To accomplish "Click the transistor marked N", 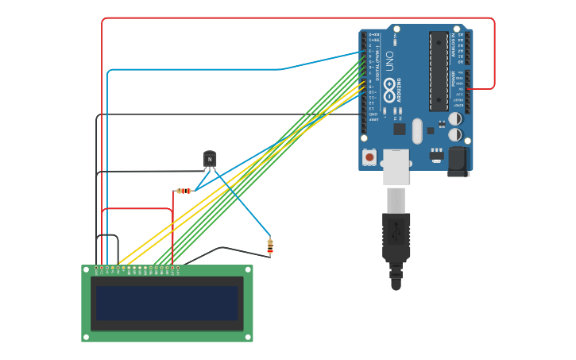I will [x=210, y=159].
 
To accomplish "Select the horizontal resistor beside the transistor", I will [x=184, y=191].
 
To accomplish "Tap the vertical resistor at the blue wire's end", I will [x=270, y=246].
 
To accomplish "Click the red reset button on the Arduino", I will [x=369, y=157].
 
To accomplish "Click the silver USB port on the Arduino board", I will [x=396, y=166].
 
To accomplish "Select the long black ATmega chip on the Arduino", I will [x=439, y=71].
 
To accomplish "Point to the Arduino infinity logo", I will [x=389, y=86].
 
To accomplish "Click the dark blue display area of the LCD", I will [x=167, y=303].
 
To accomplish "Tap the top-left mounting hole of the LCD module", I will [x=86, y=269].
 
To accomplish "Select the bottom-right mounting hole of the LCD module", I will [x=249, y=338].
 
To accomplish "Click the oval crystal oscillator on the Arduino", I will [x=418, y=130].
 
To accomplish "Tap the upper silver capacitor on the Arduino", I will [x=454, y=118].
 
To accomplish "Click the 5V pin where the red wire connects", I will [x=467, y=89].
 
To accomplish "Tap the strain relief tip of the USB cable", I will [x=396, y=283].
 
